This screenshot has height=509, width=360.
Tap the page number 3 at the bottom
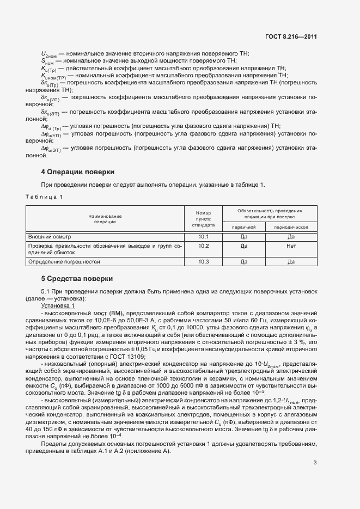pos(315,463)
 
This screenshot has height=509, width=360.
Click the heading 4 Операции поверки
pos(78,172)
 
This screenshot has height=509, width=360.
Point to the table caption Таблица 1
pos(44,197)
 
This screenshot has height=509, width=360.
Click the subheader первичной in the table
pos(243,227)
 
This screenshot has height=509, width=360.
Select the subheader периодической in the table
pos(291,227)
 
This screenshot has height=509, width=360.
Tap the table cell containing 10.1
pos(203,237)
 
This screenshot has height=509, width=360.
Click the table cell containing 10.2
pos(203,246)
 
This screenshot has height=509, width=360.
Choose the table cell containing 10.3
pos(203,262)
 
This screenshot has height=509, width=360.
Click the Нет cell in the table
pos(291,246)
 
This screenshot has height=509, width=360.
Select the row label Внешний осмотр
pos(50,237)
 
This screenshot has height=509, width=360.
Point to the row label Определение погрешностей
pos(64,262)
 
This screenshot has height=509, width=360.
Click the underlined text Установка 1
pos(58,306)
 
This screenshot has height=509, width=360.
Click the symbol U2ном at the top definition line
pos(48,53)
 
